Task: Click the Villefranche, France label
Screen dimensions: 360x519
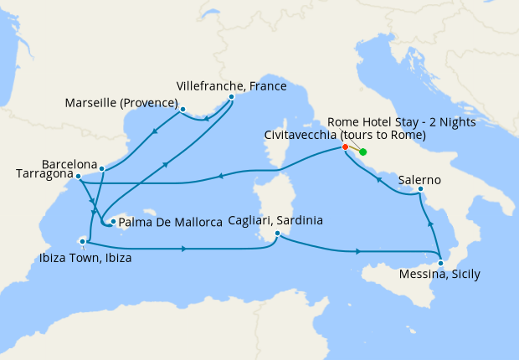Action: tap(232, 85)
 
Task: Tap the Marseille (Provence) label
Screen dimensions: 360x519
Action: tap(121, 105)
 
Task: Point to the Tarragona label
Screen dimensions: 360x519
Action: tap(43, 174)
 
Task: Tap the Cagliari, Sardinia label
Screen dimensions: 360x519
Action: tap(275, 220)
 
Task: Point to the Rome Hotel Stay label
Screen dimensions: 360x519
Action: tap(402, 121)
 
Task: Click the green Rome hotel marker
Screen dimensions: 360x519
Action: tap(362, 152)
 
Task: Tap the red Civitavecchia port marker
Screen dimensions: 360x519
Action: tap(344, 147)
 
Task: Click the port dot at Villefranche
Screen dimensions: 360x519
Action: tap(231, 96)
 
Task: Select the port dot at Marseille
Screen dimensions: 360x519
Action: tap(182, 109)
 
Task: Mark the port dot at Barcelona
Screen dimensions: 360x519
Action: tap(101, 169)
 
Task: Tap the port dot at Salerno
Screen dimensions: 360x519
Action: tap(421, 191)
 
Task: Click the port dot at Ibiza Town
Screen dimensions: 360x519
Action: tap(82, 241)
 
